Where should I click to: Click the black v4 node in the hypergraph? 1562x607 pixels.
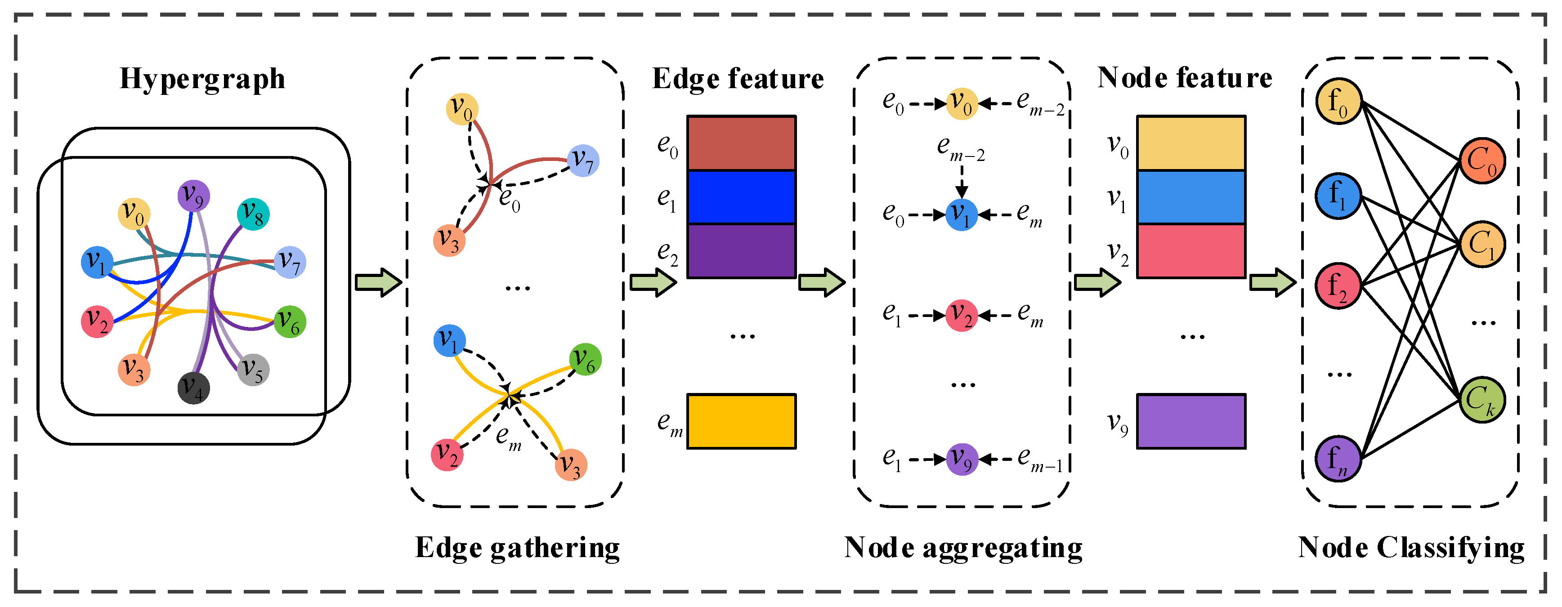tap(193, 388)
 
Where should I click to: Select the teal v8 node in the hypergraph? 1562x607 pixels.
tap(253, 214)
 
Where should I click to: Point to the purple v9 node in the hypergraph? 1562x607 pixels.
tap(193, 196)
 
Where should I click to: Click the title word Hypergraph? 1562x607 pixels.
tap(202, 79)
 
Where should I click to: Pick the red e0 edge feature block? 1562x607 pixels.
tap(741, 143)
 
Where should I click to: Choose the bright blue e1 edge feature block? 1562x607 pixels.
tap(741, 197)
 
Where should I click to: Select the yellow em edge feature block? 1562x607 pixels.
tap(741, 421)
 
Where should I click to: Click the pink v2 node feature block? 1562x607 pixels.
tap(1191, 251)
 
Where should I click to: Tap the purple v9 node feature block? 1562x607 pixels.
tap(1191, 421)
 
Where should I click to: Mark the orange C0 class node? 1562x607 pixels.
tap(1482, 161)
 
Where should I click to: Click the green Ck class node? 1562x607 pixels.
tap(1482, 400)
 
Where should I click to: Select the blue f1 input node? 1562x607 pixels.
tap(1338, 195)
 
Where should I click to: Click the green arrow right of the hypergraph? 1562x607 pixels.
tap(378, 282)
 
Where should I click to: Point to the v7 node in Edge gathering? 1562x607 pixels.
tap(583, 161)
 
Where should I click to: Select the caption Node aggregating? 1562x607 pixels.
tap(963, 548)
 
